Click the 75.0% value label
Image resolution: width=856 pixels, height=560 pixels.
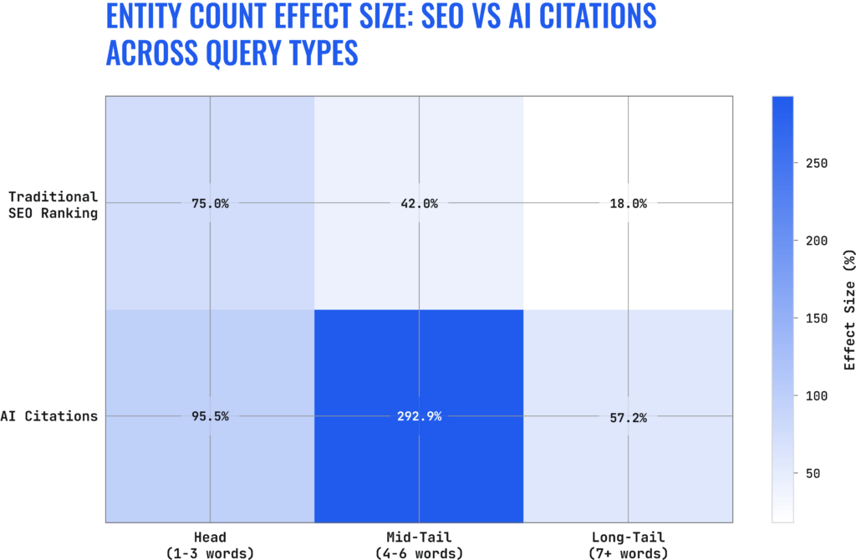[209, 203]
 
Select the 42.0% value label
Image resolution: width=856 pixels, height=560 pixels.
[418, 203]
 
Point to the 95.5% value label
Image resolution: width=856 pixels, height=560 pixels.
[209, 416]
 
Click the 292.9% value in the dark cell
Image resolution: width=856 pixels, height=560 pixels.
[418, 416]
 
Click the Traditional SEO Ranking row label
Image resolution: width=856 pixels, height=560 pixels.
[53, 204]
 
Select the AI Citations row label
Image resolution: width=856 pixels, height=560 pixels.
[48, 416]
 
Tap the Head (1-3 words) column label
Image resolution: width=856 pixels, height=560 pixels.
[209, 546]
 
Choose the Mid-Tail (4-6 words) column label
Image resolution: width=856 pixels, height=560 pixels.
[418, 546]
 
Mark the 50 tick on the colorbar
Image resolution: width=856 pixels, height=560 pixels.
[813, 474]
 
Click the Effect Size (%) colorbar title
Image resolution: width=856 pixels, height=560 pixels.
[848, 309]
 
